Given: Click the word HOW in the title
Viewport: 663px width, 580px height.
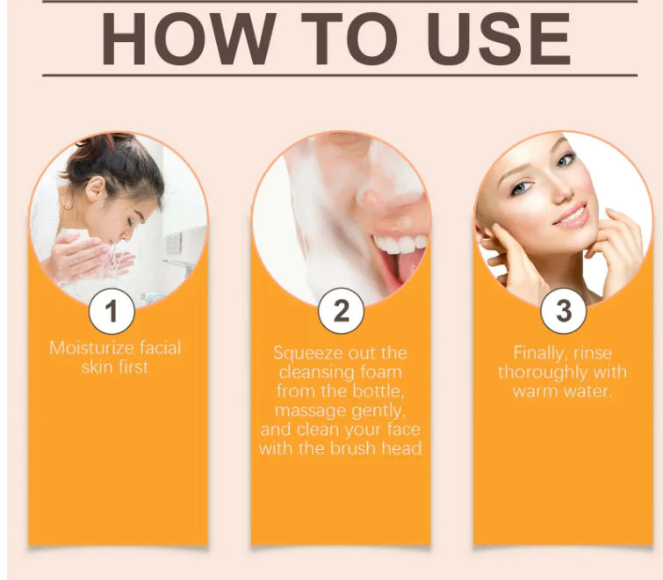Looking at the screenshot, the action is pos(189,39).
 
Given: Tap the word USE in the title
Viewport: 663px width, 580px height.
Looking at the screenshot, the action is pos(499,39).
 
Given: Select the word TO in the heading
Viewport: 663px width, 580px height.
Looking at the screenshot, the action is pos(350,39).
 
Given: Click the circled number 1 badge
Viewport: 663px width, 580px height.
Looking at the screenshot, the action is pos(112,311).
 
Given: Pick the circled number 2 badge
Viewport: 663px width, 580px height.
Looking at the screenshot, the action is pos(341,311).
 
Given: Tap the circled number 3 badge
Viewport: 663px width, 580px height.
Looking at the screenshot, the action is pos(563,311).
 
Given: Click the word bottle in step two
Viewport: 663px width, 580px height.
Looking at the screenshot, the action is pos(378,391).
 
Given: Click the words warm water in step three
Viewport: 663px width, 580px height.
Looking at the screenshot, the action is pos(562,391).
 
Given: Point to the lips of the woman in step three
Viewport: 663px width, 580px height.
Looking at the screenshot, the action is pos(570,216).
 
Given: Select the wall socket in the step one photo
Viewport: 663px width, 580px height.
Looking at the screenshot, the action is pos(174,243).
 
